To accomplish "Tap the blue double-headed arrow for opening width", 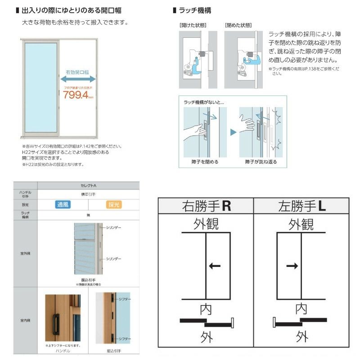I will tap(78, 79).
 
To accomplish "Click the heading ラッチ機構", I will tap(194, 10).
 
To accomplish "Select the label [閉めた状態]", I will tap(238, 26).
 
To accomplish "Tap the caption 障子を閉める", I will tap(205, 162).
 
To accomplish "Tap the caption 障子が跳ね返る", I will tap(261, 162).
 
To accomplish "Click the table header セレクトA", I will tap(88, 185).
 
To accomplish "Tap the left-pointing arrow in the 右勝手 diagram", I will tap(215, 266).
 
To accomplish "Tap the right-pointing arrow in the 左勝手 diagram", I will tap(292, 266).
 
